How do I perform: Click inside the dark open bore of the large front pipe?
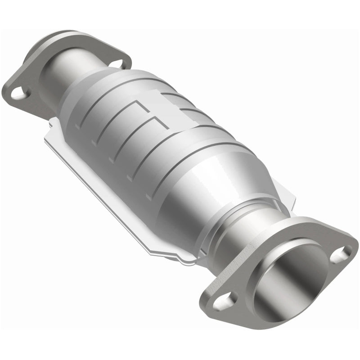click(288, 279)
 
